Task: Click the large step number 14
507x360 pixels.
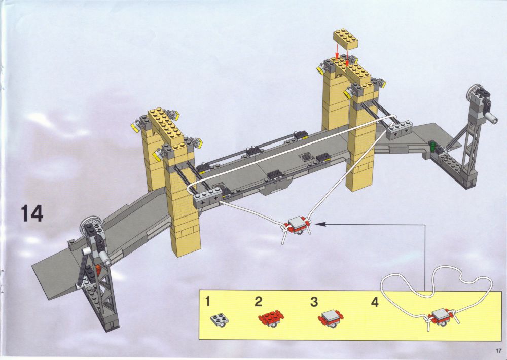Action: click(x=32, y=213)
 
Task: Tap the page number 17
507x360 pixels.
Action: click(x=497, y=351)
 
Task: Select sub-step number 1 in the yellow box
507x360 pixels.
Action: click(x=207, y=302)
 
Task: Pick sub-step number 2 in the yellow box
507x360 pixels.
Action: click(x=259, y=302)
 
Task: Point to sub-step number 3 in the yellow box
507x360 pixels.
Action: click(x=314, y=302)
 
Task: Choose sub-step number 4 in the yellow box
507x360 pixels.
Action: click(x=375, y=302)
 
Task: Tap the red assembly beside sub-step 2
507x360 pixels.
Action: click(x=271, y=318)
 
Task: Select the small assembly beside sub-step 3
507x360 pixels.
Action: click(x=331, y=318)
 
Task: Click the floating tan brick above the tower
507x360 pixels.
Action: click(x=346, y=39)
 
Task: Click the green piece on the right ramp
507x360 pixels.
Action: click(x=432, y=146)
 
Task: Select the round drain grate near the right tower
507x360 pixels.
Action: click(x=306, y=157)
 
